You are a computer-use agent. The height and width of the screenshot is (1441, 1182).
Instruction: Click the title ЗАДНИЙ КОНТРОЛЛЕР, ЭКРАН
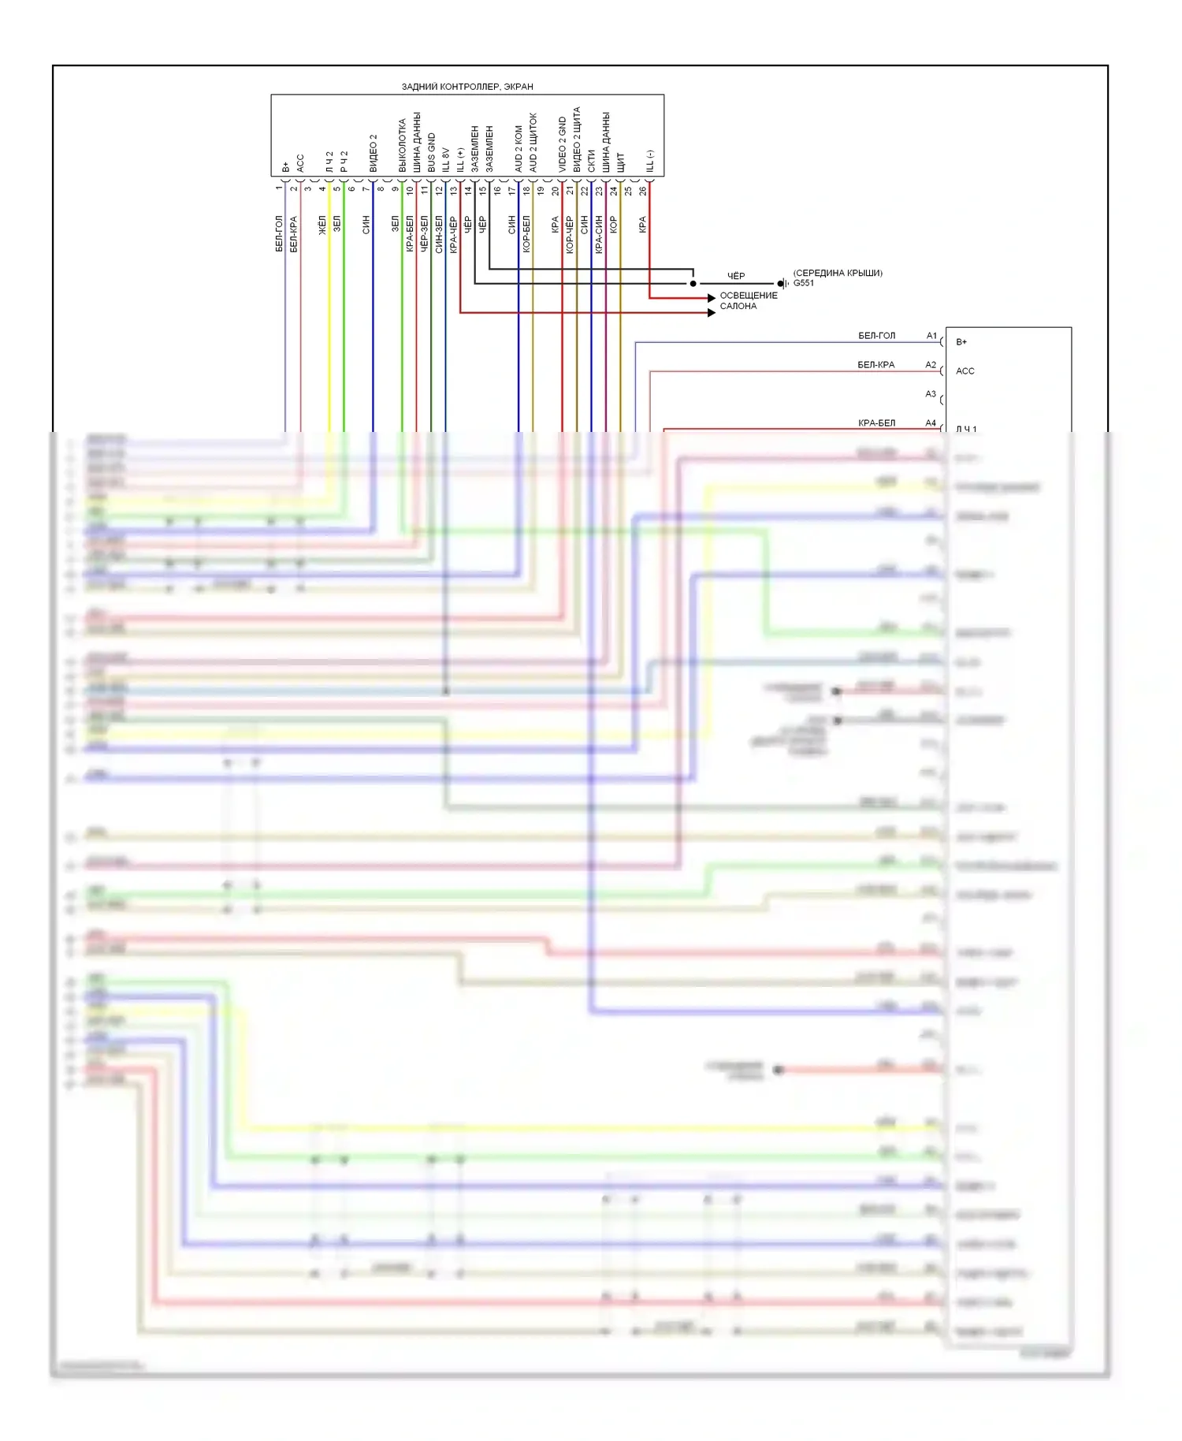tap(467, 87)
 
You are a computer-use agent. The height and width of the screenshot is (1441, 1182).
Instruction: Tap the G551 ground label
tap(804, 283)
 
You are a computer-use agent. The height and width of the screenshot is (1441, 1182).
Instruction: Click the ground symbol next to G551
tap(782, 284)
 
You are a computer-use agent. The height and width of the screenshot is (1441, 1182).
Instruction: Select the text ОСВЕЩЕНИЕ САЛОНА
tap(748, 300)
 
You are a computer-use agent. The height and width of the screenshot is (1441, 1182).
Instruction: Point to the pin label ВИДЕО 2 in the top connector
tap(374, 153)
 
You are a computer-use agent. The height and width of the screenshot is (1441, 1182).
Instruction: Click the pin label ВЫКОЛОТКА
tap(403, 146)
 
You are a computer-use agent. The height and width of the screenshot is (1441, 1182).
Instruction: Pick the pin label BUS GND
tap(432, 152)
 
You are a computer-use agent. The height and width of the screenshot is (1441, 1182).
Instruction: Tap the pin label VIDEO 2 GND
tap(563, 144)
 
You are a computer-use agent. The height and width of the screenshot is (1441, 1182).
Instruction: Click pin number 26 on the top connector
tap(643, 190)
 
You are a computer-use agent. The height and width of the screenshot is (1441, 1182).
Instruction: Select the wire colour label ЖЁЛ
tap(322, 225)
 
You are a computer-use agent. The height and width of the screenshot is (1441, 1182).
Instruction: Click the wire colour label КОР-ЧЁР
tap(570, 235)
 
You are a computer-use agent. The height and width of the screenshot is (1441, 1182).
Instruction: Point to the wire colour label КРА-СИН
tap(599, 234)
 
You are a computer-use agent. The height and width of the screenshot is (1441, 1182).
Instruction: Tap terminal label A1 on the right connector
tap(931, 336)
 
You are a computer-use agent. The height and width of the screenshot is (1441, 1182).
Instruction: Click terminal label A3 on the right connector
tap(931, 394)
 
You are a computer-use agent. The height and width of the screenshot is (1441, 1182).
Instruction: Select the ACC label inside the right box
tap(965, 371)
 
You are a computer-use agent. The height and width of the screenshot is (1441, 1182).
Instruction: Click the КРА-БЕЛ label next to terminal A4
tap(876, 423)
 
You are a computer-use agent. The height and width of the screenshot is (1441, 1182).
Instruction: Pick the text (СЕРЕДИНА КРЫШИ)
tap(838, 273)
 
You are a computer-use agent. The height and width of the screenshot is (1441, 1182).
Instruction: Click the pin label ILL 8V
tap(446, 159)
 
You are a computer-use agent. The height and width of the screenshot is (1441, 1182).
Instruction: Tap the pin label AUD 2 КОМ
tap(519, 148)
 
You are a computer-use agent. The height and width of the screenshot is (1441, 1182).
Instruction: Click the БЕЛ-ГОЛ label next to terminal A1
tap(876, 336)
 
